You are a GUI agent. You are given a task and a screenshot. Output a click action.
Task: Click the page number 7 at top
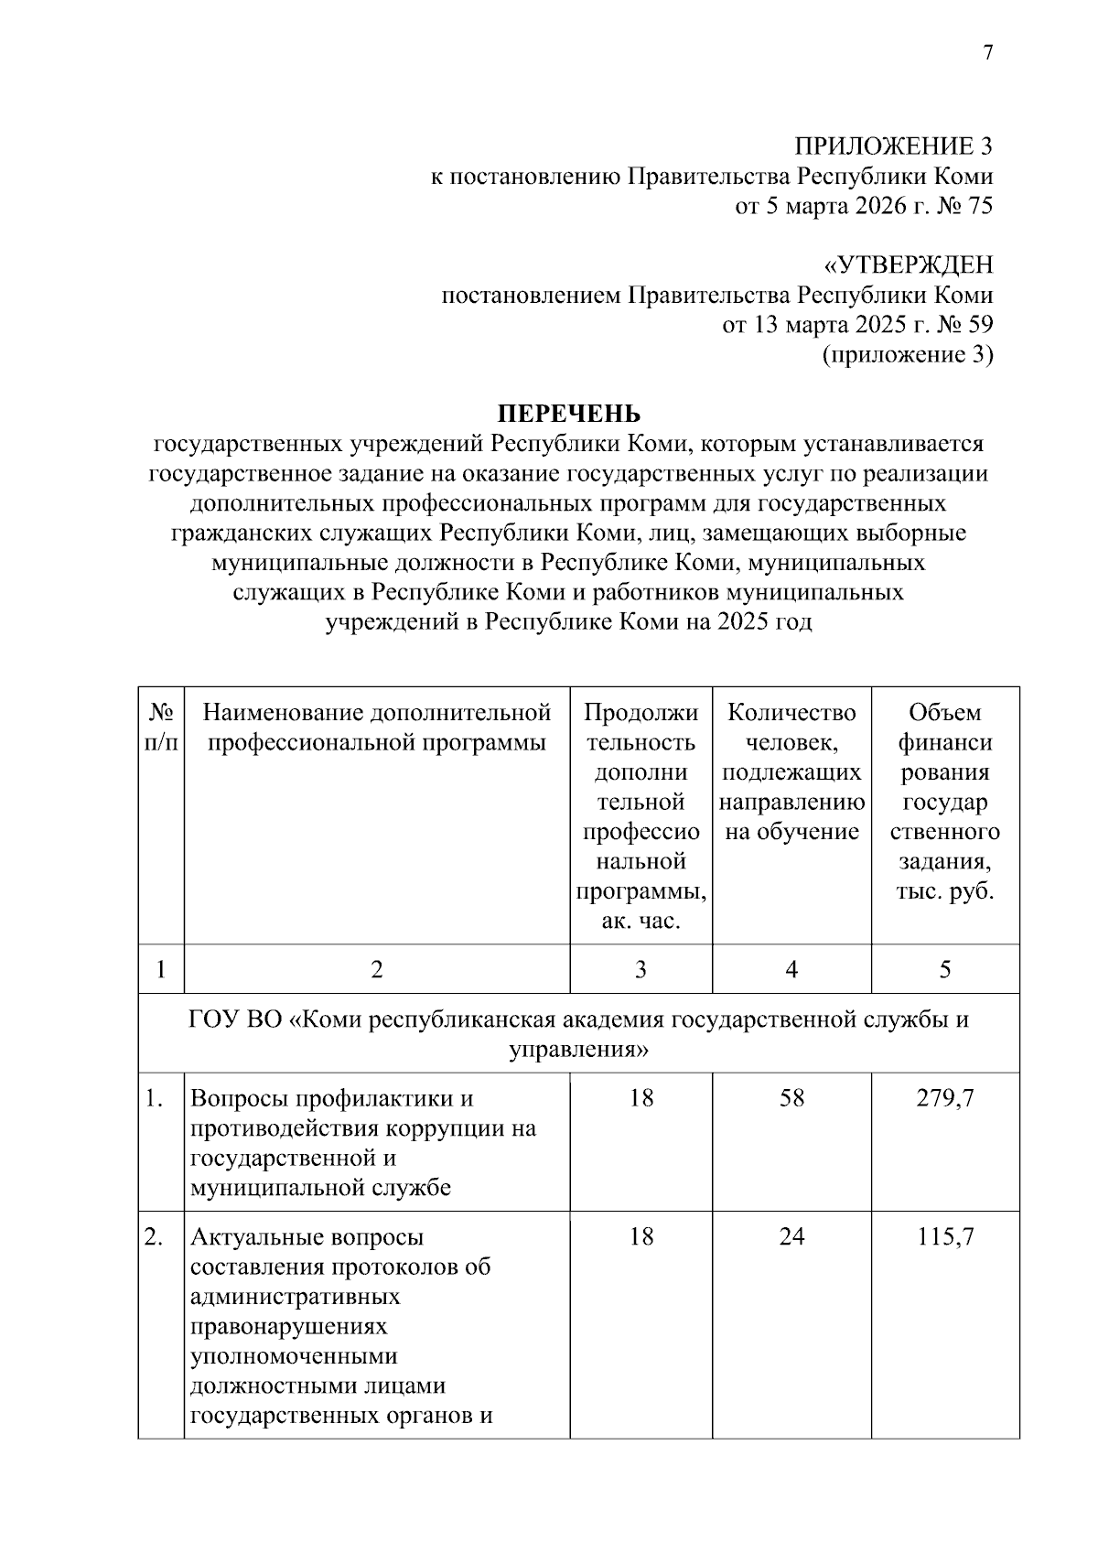[987, 54]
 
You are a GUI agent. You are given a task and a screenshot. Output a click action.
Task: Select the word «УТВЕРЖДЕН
[908, 265]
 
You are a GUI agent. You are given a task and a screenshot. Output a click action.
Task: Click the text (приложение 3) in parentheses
[908, 354]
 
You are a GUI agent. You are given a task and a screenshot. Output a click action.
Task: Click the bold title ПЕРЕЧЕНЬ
[569, 415]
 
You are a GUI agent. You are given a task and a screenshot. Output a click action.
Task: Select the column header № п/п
[161, 727]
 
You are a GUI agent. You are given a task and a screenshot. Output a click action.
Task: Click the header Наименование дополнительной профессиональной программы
[376, 727]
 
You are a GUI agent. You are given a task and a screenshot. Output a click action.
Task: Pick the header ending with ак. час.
[640, 815]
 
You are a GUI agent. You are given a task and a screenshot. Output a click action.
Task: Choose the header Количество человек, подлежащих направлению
[791, 771]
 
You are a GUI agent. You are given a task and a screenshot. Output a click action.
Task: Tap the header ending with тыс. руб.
[944, 801]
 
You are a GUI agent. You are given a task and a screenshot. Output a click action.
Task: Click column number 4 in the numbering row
[791, 969]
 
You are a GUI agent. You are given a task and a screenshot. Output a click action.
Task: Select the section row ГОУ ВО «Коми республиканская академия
[578, 1033]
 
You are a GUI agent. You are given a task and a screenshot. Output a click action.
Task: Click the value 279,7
[945, 1098]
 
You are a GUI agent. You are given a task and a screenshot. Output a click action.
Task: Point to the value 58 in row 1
[791, 1098]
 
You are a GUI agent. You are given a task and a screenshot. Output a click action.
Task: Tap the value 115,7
[945, 1237]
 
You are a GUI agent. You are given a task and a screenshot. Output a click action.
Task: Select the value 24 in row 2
[791, 1237]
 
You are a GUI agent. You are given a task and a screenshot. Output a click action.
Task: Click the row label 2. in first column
[155, 1237]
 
